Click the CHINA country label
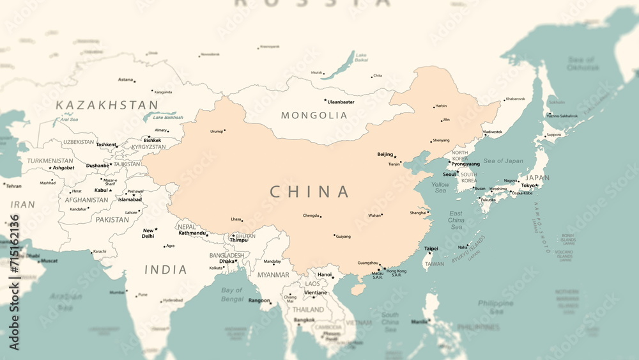(310, 192)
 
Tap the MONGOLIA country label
(314, 116)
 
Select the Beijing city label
(385, 154)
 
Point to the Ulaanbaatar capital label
(341, 102)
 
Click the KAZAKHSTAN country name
(107, 105)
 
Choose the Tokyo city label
(528, 185)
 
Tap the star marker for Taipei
(429, 254)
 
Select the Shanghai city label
(418, 212)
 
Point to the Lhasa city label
(236, 219)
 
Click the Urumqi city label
(217, 131)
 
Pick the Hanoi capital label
(325, 274)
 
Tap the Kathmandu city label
(192, 233)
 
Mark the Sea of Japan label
(503, 161)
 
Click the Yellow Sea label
(440, 187)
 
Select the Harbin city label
(441, 106)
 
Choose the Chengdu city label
(311, 215)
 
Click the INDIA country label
(166, 270)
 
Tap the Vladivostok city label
(492, 132)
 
